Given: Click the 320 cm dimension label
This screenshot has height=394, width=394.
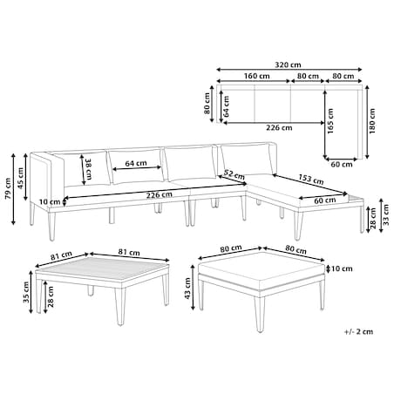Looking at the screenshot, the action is [x=288, y=65].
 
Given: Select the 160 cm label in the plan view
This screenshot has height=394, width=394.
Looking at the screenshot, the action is [x=256, y=76].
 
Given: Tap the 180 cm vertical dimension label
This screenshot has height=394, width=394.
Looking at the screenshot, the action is [x=372, y=121].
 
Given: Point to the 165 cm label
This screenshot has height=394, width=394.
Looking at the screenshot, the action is [x=330, y=121].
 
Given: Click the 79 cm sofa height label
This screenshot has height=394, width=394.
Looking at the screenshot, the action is [x=8, y=188].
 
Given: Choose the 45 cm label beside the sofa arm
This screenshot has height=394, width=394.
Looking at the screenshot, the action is [x=20, y=178].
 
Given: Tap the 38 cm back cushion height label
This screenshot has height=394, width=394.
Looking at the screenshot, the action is [x=88, y=169].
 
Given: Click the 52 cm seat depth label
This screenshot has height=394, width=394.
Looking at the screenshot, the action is [x=234, y=174].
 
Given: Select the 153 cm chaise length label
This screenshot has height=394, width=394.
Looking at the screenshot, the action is [x=311, y=180].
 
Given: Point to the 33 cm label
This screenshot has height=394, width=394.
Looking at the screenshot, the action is [x=385, y=214].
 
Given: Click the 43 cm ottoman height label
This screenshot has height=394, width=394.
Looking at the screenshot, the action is [x=187, y=289].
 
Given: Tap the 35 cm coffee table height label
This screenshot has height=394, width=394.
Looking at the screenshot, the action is [x=26, y=292].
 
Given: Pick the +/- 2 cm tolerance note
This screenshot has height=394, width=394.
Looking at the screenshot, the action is [x=358, y=331].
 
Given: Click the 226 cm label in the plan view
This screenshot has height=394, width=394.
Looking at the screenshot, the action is [x=279, y=127].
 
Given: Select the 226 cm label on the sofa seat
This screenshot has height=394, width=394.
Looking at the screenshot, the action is [x=159, y=195].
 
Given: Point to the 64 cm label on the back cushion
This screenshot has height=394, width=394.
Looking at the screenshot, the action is [x=136, y=163].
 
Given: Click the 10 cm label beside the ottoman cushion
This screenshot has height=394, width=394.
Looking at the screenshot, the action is [x=342, y=268].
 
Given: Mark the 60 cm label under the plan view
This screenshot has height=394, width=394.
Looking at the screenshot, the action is [x=342, y=165].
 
